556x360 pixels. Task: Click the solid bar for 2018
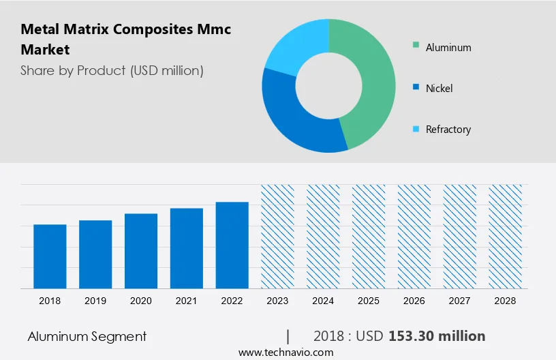tap(50, 256)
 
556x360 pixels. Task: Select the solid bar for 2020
tap(141, 250)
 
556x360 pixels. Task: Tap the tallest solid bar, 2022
tap(232, 244)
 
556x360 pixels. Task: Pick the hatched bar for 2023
tap(278, 235)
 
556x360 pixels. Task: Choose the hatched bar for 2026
tap(414, 235)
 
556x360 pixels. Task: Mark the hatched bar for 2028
tap(506, 235)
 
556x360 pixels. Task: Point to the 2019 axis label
tap(95, 301)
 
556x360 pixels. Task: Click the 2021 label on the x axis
tap(187, 301)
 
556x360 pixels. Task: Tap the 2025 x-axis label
tap(369, 301)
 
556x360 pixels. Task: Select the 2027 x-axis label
tap(460, 301)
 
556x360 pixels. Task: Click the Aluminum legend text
tap(448, 48)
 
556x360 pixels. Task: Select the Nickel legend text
tap(439, 88)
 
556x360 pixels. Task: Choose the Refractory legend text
tap(448, 129)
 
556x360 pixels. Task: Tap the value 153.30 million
tap(437, 336)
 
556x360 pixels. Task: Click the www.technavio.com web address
tap(285, 352)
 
